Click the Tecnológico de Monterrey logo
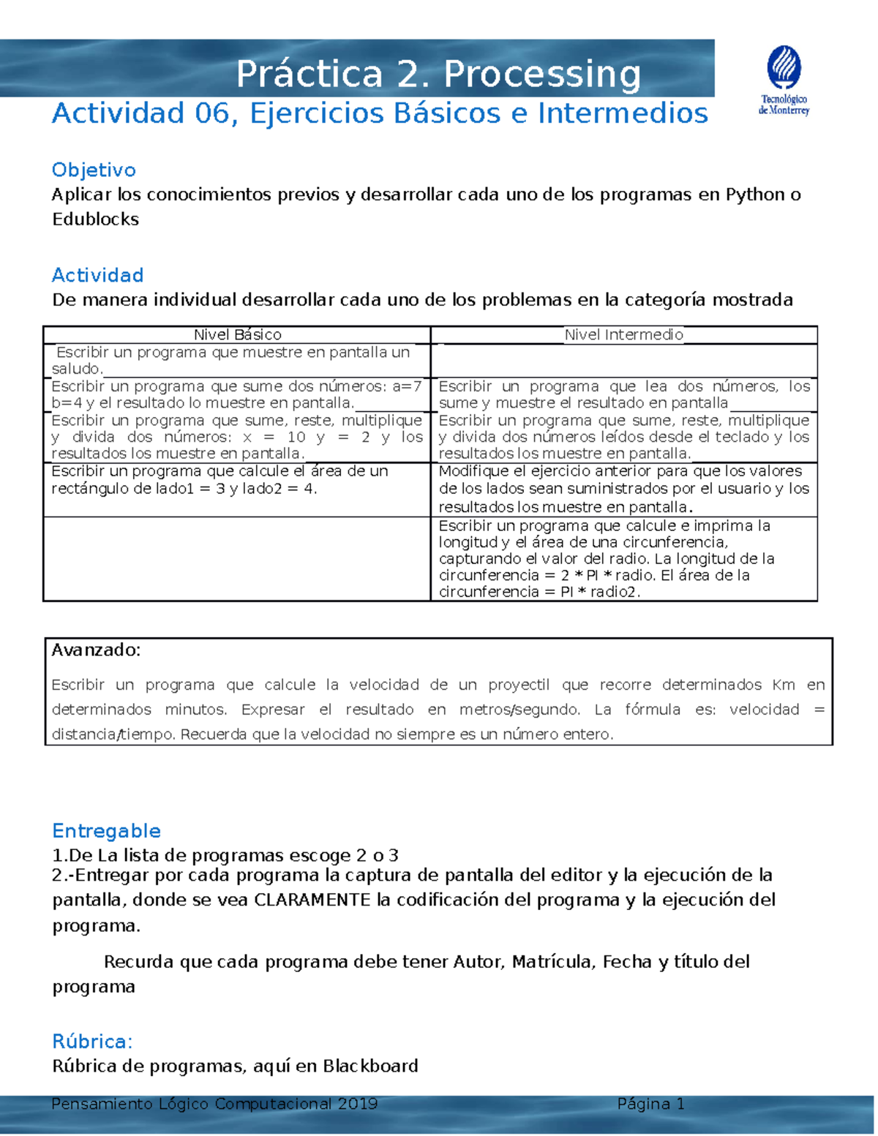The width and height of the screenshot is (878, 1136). click(784, 80)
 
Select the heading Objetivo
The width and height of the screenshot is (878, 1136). click(94, 170)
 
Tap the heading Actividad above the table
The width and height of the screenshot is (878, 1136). click(97, 275)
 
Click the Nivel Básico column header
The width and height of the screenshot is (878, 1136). click(237, 335)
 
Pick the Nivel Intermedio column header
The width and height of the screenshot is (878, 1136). click(623, 335)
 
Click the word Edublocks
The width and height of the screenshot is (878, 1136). click(95, 219)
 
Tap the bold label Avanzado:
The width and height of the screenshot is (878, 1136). click(95, 650)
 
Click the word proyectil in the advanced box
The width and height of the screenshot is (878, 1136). click(519, 685)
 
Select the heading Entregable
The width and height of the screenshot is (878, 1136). click(106, 831)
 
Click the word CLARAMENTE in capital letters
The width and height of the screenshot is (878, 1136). click(312, 900)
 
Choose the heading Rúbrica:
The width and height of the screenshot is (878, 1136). click(92, 1042)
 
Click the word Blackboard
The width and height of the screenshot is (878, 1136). click(370, 1066)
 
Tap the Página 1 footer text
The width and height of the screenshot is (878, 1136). click(650, 1104)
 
